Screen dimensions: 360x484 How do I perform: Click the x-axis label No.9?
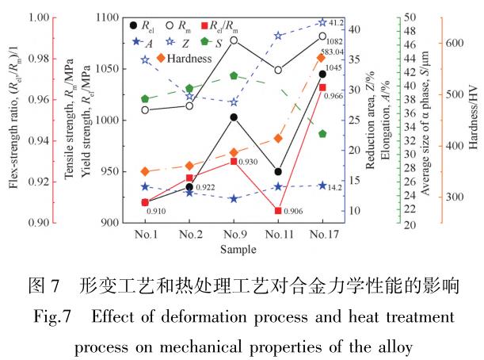[234, 235]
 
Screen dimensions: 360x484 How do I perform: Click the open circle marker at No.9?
[234, 40]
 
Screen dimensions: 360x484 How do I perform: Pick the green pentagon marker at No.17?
[322, 134]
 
